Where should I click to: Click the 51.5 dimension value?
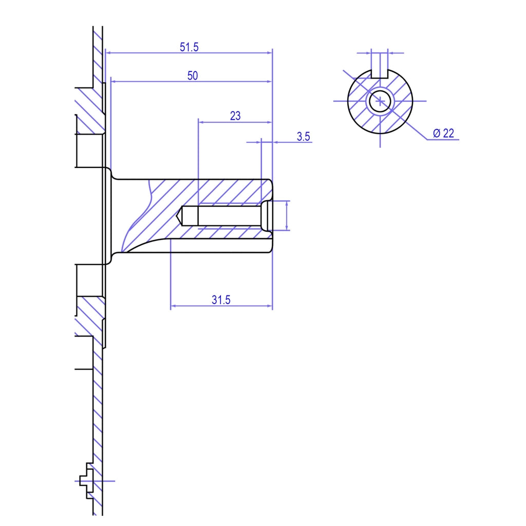189,47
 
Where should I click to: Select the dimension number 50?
193,76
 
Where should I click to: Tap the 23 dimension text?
235,116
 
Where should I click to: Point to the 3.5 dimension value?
303,137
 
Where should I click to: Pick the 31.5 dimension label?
221,299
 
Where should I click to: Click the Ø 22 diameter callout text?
443,133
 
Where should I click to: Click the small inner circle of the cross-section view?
380,101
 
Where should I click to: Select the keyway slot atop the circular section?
380,73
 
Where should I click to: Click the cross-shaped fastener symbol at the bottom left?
86,481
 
